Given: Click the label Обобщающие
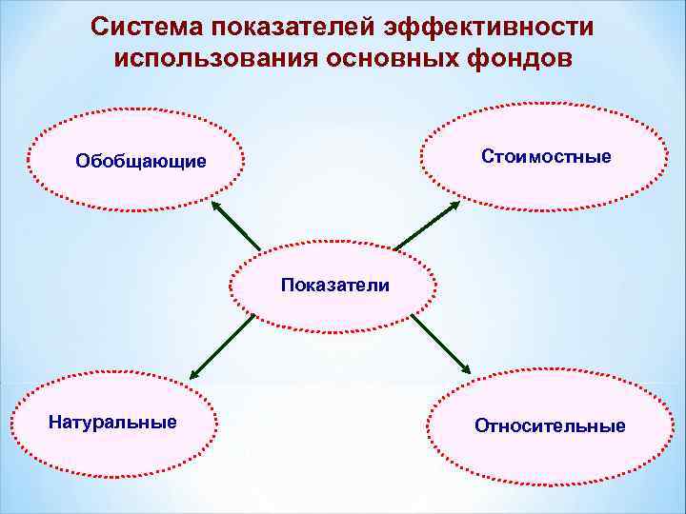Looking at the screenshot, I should pos(141,161).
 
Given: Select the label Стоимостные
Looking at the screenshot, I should pos(547,155).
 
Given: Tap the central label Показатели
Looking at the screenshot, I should pos(334,284).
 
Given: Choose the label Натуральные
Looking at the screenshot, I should pos(112,421).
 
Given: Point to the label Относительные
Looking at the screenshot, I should pos(550,425).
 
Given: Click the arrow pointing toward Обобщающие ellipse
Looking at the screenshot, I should pos(236,227).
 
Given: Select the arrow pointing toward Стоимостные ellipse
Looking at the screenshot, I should pos(426,226).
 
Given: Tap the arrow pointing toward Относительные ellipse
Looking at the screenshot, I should pos(440,344).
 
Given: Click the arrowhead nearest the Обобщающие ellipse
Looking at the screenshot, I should pos(215,206).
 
